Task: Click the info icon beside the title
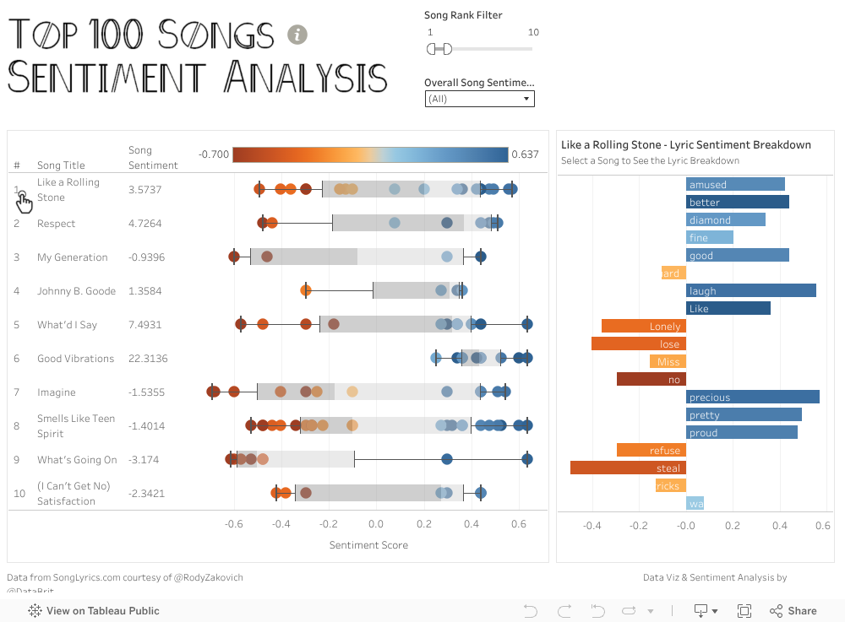coord(297,35)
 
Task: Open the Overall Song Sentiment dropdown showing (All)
coord(479,99)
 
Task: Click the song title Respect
coord(56,224)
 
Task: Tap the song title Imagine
coord(56,392)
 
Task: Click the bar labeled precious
coord(752,397)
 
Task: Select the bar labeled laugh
coord(750,290)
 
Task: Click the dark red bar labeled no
coord(651,379)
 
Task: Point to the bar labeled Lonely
coord(643,326)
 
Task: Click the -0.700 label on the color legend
coord(214,154)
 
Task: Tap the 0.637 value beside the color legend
coord(525,154)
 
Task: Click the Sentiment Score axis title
coord(368,545)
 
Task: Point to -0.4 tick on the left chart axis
coord(281,524)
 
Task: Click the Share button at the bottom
coord(793,611)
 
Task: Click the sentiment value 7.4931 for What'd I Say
coord(144,325)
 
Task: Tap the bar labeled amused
coord(735,184)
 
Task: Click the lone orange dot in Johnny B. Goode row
coord(306,290)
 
